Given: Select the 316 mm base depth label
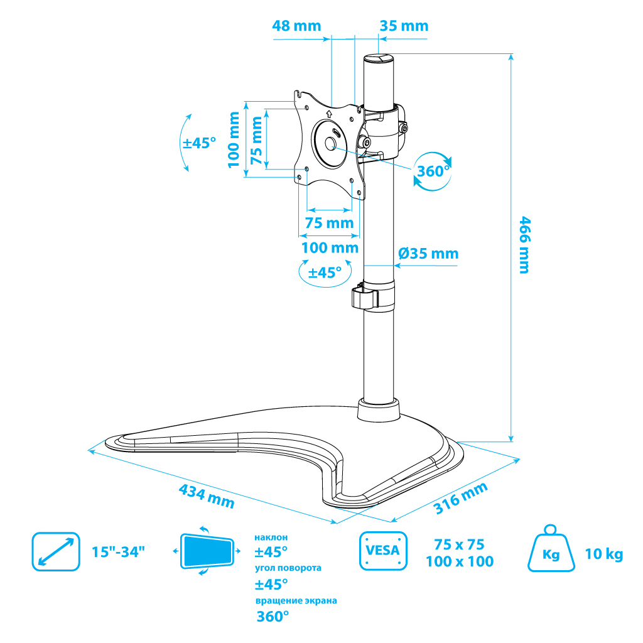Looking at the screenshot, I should point(461,499).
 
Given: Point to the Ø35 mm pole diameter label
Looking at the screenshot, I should point(428,254).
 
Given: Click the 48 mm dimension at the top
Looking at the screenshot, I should point(296,26).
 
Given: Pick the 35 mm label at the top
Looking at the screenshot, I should point(404,26).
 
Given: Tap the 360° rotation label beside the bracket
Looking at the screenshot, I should point(432,170).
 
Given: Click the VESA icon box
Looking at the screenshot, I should point(383,551).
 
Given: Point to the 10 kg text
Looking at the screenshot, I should point(604,554).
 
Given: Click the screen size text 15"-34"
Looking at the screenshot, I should point(119,552).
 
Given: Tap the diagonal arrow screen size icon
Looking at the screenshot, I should point(56,551).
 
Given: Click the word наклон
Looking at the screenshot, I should point(271,538).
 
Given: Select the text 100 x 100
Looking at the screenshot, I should point(460,561).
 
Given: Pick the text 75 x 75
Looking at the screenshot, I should point(460,544).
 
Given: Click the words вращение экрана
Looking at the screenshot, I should point(296,600).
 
